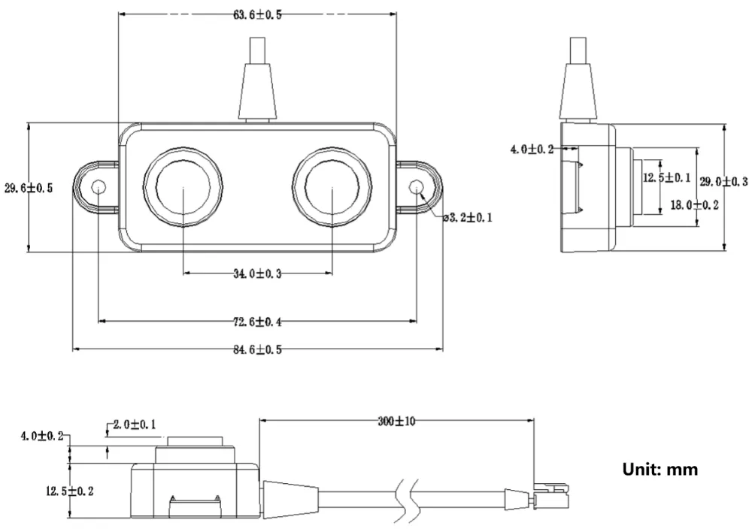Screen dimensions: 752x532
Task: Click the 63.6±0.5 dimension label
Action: pos(257,15)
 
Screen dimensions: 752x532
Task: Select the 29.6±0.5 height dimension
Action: pos(29,188)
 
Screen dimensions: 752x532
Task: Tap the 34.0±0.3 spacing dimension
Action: pos(257,274)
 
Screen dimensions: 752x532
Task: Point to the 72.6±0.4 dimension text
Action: pos(257,322)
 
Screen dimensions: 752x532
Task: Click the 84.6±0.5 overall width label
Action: pos(257,349)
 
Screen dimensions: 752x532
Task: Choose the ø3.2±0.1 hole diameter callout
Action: pos(468,218)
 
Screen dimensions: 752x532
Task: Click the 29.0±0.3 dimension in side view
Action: pos(723,182)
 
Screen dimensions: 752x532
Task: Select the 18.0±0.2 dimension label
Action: pos(694,205)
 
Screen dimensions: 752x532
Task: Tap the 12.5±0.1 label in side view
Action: pos(666,178)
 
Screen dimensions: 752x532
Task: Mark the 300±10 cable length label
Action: pos(396,422)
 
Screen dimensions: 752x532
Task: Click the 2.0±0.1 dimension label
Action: pos(135,425)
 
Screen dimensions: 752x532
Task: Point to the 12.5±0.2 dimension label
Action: pos(69,491)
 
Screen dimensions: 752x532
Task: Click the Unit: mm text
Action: pos(660,469)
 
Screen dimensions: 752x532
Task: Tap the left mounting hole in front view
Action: pos(99,186)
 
